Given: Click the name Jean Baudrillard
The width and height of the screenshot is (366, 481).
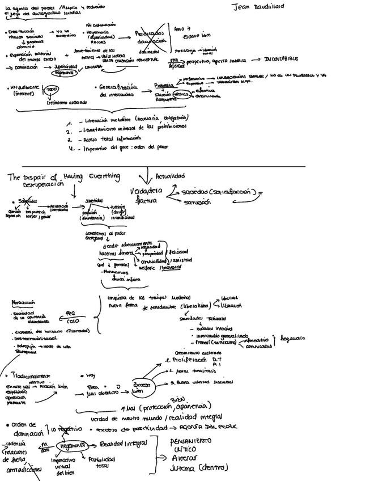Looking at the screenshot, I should click(258, 6).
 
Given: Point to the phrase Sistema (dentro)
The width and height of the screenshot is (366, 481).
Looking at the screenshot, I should click(198, 468).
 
